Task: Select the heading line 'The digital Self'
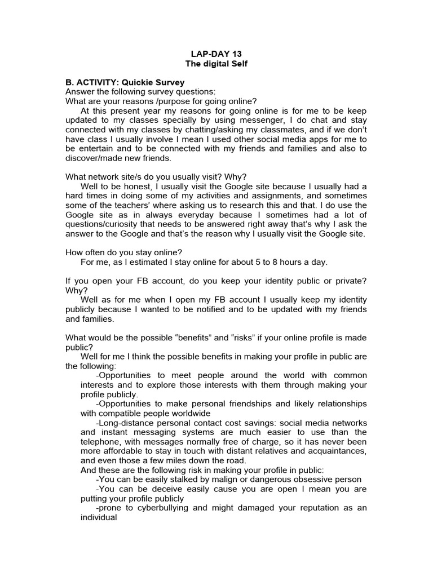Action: tap(216, 64)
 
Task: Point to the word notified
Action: tap(211, 309)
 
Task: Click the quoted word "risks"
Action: tap(246, 338)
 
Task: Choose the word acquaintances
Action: tap(332, 451)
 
